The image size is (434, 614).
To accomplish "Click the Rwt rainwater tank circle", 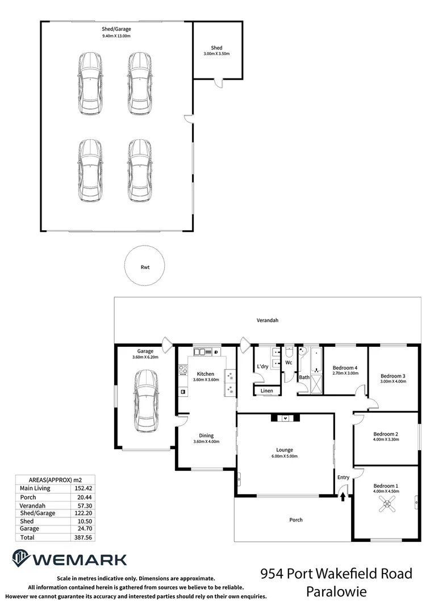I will point(145,266).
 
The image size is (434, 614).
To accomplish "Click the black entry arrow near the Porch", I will point(343,496).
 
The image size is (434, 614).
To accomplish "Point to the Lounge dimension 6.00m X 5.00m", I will point(285,457).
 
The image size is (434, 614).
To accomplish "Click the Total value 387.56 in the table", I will point(83,537).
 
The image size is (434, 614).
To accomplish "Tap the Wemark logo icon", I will point(21,559).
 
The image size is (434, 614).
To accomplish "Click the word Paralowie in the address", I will point(336,592).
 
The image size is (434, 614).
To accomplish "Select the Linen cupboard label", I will point(267,391).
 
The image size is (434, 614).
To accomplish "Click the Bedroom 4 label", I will point(345,367).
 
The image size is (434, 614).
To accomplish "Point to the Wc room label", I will point(289,362).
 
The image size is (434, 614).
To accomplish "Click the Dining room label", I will point(206,435).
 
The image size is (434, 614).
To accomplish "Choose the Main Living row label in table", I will point(35,488).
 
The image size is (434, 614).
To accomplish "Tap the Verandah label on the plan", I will point(268,321).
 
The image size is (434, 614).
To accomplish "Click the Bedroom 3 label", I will point(393,376).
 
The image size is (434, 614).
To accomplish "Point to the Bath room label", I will point(304,377).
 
